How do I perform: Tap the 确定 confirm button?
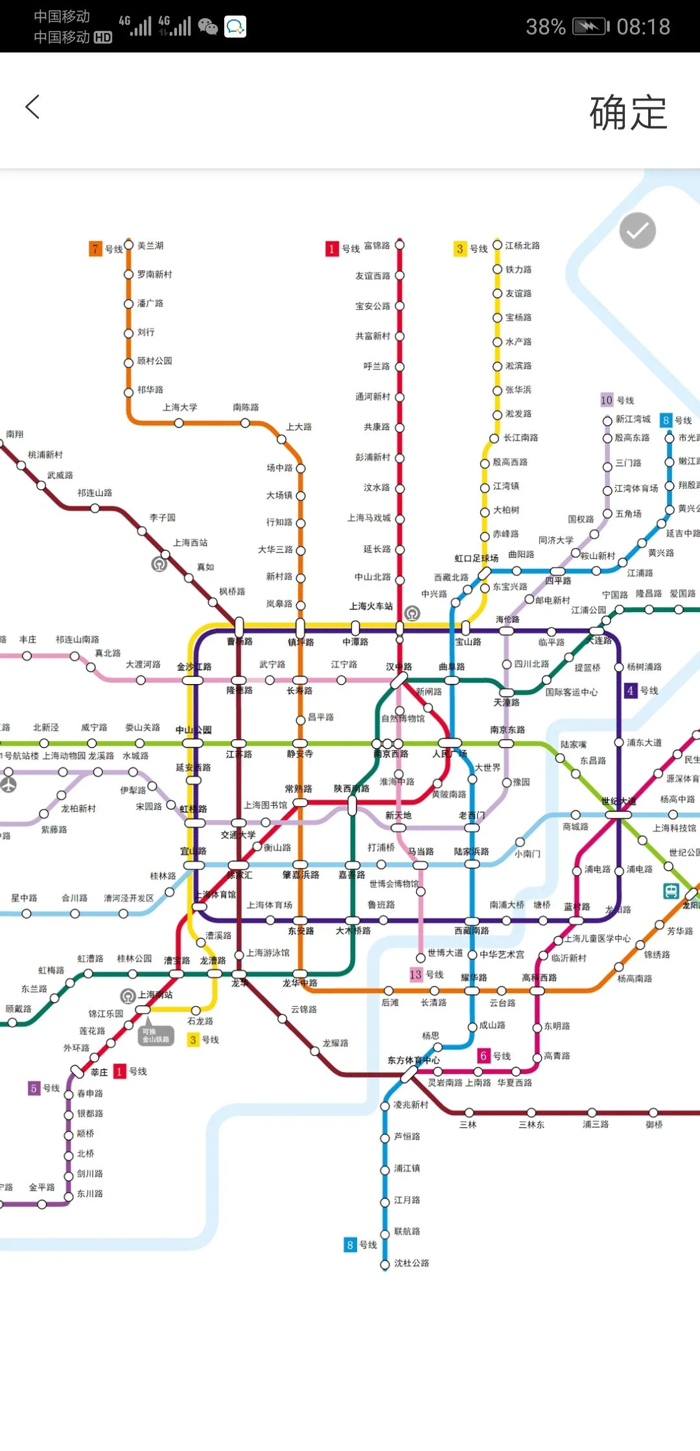pyautogui.click(x=627, y=113)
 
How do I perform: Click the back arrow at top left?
pyautogui.click(x=32, y=107)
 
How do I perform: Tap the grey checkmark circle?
pyautogui.click(x=637, y=231)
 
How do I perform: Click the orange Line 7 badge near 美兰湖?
pyautogui.click(x=96, y=249)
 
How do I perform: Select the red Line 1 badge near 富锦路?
pyautogui.click(x=332, y=249)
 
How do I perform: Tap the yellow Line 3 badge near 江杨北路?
pyautogui.click(x=460, y=249)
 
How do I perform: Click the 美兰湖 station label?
pyautogui.click(x=150, y=246)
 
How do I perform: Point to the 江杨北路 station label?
pyautogui.click(x=522, y=246)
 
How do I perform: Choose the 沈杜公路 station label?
pyautogui.click(x=412, y=1263)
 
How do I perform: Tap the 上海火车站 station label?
pyautogui.click(x=371, y=606)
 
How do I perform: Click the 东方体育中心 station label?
pyautogui.click(x=414, y=1060)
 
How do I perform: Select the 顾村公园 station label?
pyautogui.click(x=154, y=361)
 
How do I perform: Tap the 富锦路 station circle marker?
pyautogui.click(x=400, y=245)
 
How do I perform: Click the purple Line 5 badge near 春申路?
pyautogui.click(x=34, y=1088)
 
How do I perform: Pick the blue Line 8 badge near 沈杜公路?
pyautogui.click(x=350, y=1244)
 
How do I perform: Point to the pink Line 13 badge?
pyautogui.click(x=415, y=975)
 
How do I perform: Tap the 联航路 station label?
pyautogui.click(x=407, y=1231)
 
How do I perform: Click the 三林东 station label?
pyautogui.click(x=531, y=1125)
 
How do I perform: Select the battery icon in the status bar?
pyautogui.click(x=590, y=27)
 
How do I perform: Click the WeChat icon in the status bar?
pyautogui.click(x=207, y=27)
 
